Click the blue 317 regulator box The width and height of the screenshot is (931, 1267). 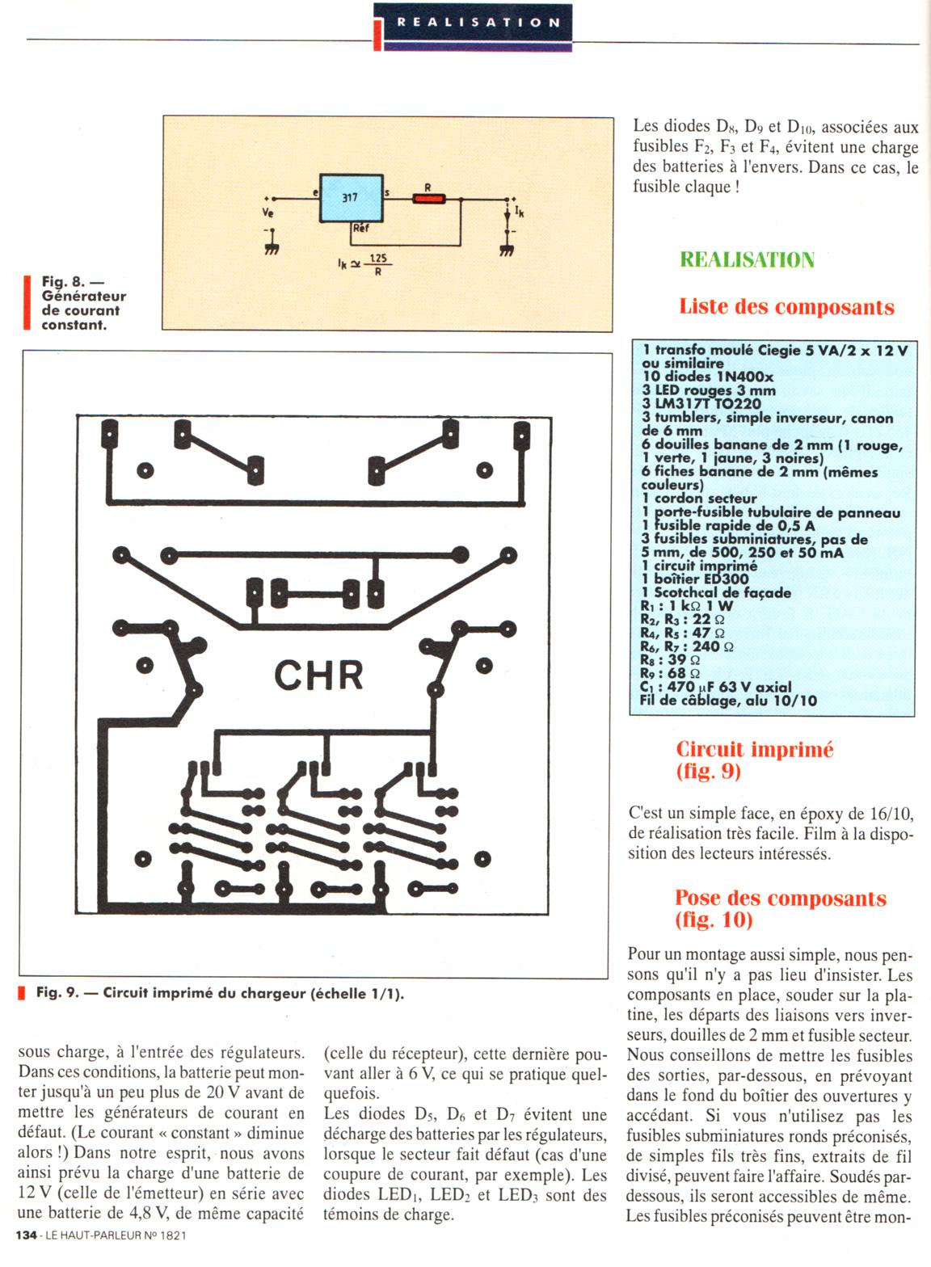click(351, 198)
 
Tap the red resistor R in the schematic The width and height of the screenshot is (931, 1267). click(428, 198)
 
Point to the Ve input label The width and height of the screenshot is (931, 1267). click(268, 213)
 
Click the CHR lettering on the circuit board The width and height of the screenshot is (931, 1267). click(318, 676)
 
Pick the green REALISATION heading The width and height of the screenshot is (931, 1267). click(747, 260)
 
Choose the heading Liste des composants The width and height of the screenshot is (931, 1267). click(786, 307)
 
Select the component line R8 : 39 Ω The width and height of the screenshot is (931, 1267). click(670, 660)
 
